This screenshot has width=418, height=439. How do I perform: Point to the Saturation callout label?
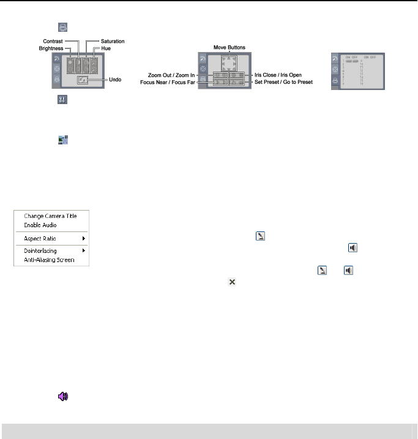(113, 41)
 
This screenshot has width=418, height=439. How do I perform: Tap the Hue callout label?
(106, 47)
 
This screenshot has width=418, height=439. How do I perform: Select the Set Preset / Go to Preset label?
(283, 81)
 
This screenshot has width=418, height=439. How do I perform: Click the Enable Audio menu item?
(40, 225)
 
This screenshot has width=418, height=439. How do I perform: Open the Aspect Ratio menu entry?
(40, 238)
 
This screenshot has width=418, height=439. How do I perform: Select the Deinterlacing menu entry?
(42, 250)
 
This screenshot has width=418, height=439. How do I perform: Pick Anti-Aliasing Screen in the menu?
(49, 260)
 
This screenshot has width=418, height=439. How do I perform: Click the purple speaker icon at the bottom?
(62, 397)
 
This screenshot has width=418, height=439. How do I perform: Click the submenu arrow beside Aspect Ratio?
(83, 238)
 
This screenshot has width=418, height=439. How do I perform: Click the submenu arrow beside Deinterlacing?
(83, 250)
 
